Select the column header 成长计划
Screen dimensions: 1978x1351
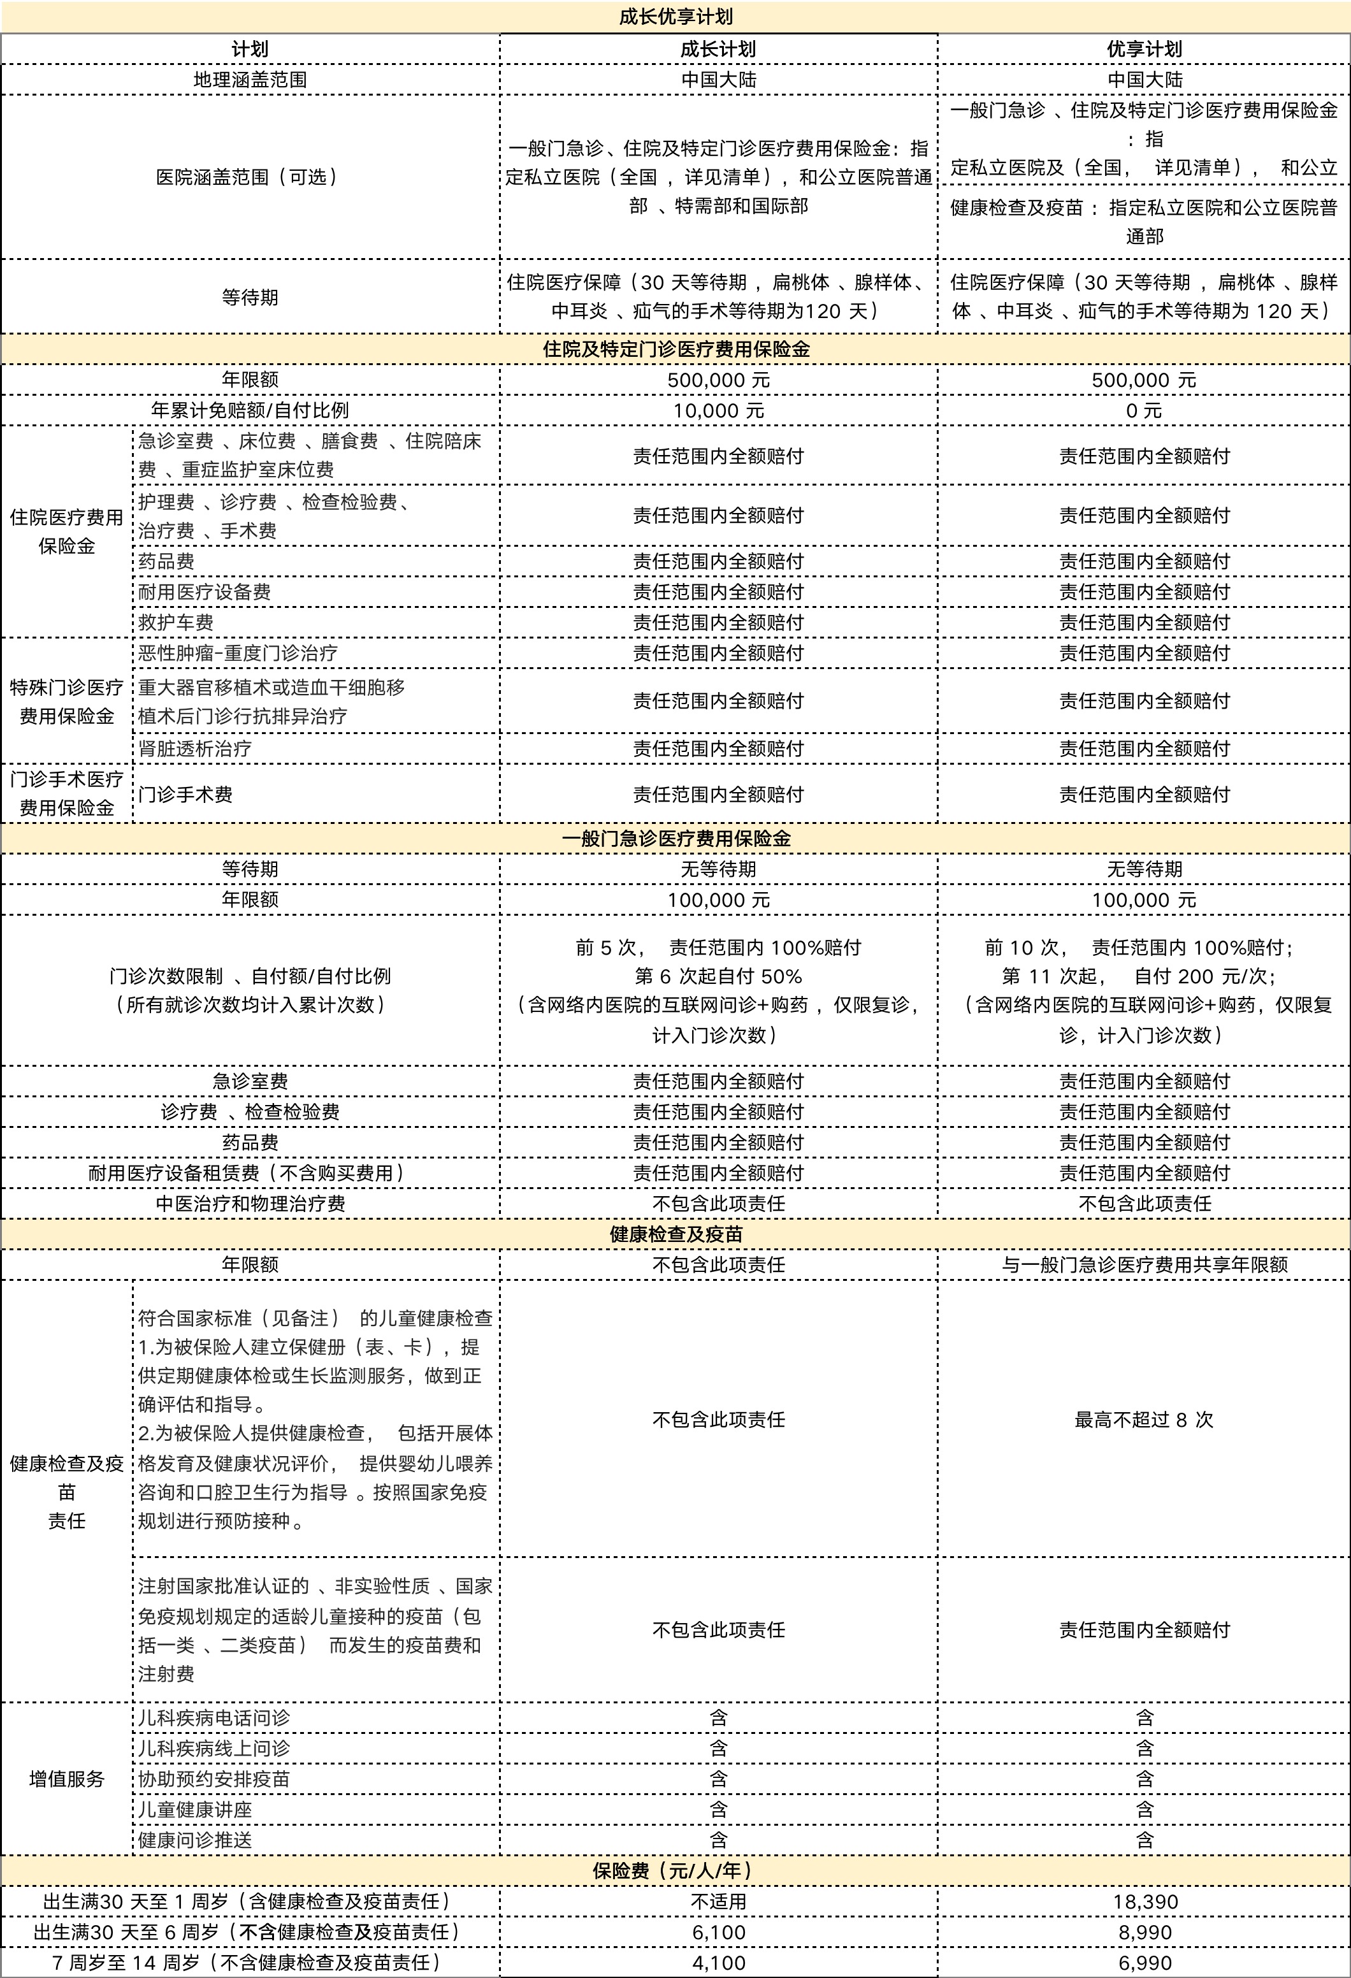[718, 49]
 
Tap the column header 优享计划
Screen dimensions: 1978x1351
[1143, 49]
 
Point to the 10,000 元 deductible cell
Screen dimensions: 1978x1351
[718, 411]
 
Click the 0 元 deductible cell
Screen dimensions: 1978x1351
[1143, 411]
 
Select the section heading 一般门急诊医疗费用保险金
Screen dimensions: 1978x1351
[675, 839]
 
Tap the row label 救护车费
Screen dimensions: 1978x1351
[177, 622]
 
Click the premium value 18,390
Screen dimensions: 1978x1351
[1143, 1902]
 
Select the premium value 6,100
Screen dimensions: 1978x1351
[718, 1932]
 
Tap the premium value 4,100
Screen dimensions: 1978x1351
[718, 1963]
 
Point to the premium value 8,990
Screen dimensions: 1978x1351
[1143, 1932]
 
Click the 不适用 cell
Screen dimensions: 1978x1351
[718, 1902]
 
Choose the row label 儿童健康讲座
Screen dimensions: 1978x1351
[195, 1810]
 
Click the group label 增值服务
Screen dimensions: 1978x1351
[66, 1779]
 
